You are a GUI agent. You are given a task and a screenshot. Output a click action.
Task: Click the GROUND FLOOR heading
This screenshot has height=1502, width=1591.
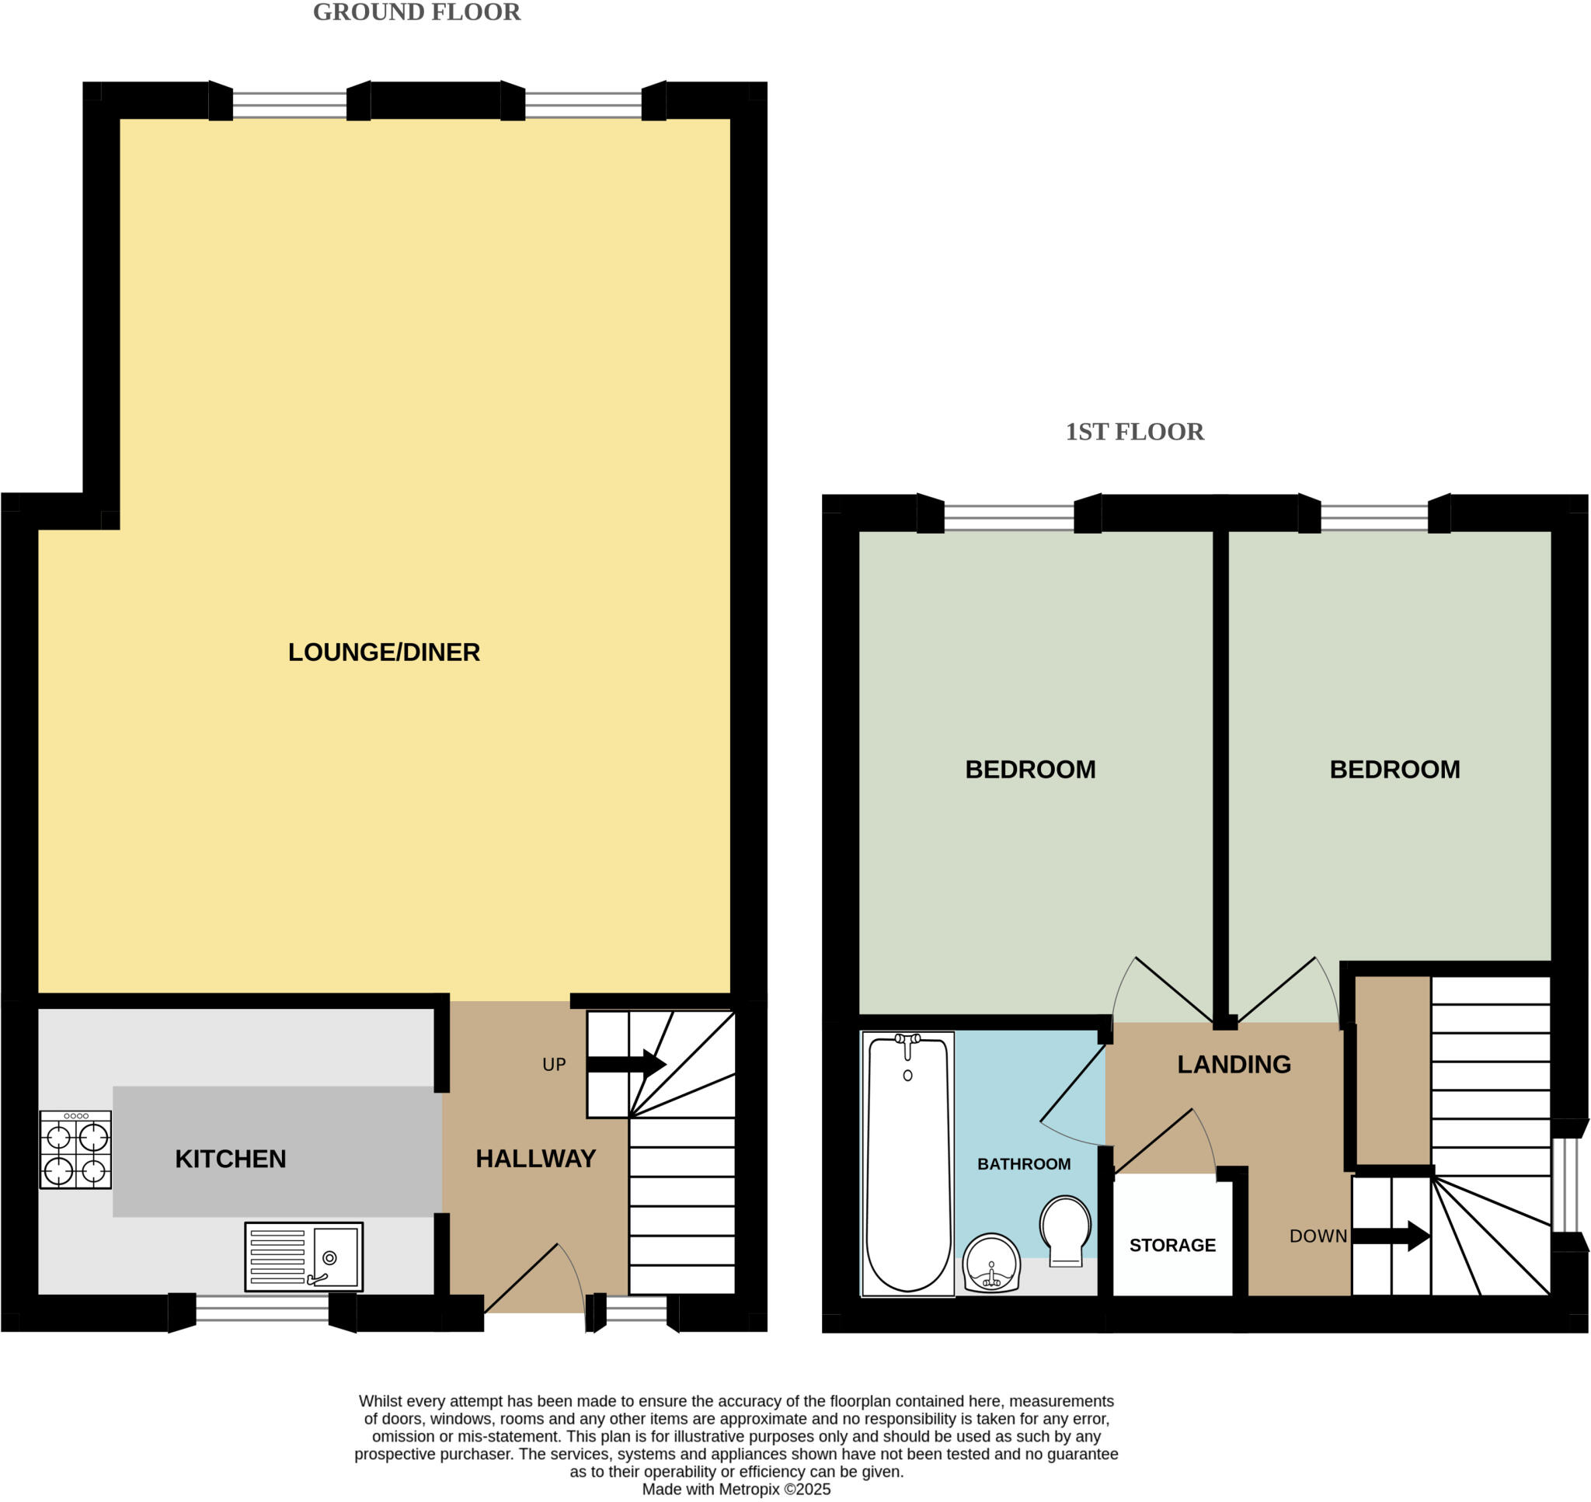tap(416, 12)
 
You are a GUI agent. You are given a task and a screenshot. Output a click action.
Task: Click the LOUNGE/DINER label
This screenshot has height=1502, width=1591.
tap(384, 652)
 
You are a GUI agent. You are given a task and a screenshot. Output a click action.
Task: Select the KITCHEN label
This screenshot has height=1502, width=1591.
tap(231, 1159)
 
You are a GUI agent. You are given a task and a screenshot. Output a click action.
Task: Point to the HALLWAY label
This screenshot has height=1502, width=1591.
tap(536, 1159)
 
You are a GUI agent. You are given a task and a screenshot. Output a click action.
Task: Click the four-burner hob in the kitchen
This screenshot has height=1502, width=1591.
tap(75, 1149)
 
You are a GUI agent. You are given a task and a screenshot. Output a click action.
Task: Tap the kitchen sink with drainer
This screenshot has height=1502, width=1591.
tap(304, 1257)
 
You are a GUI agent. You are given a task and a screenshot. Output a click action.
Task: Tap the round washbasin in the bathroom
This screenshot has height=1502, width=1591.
tap(991, 1263)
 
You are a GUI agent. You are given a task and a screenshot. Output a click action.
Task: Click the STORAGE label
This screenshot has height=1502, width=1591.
tap(1172, 1245)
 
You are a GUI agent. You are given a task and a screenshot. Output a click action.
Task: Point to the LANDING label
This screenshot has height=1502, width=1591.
tap(1234, 1064)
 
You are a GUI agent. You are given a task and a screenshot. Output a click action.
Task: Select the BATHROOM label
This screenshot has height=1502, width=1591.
tap(1023, 1164)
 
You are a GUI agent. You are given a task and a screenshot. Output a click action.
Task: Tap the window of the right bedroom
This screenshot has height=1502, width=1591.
tap(1373, 516)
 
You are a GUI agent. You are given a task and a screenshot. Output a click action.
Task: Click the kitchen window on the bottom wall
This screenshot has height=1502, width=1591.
tap(262, 1309)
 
